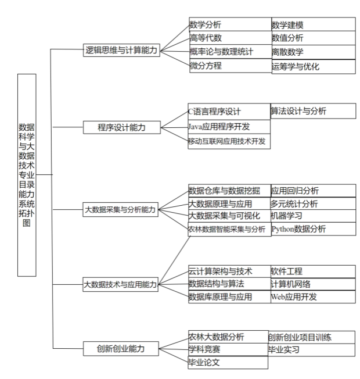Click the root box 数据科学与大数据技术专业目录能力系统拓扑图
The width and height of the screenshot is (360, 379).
click(x=27, y=174)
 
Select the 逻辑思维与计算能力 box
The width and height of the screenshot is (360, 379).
click(x=121, y=51)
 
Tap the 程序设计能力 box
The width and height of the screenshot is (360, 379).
click(x=121, y=127)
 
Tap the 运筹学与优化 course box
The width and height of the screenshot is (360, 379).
click(x=313, y=66)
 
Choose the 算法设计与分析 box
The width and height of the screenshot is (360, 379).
click(x=313, y=111)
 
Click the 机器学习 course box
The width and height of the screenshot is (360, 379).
click(x=313, y=216)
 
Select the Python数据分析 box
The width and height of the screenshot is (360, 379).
click(x=313, y=229)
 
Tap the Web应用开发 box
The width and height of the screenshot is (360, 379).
click(x=313, y=297)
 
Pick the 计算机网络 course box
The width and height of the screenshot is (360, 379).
click(x=313, y=284)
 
